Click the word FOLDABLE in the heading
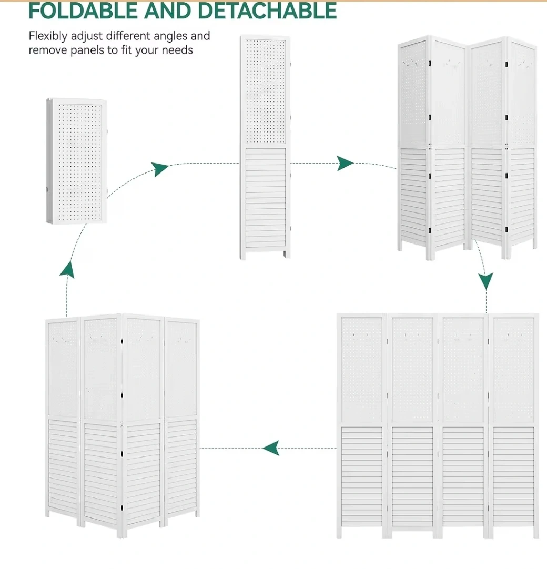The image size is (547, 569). [x=83, y=11]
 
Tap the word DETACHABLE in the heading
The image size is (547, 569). [x=267, y=11]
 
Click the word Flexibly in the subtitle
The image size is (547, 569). [x=48, y=36]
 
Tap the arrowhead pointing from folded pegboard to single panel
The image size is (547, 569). [x=159, y=169]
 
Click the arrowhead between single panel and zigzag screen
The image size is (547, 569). [x=345, y=164]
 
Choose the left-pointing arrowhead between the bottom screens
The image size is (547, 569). [x=271, y=448]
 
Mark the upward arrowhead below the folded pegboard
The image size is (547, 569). [x=67, y=270]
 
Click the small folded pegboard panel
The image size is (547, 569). [x=77, y=161]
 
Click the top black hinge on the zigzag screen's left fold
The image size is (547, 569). [x=430, y=64]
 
